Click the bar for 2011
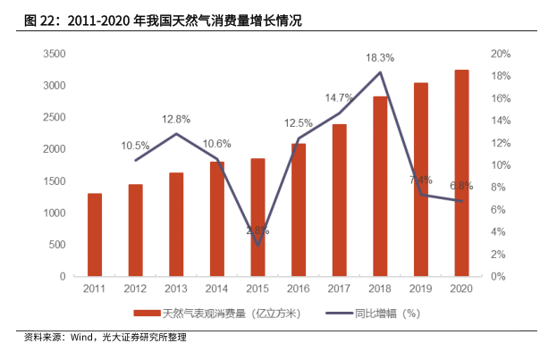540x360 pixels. pos(94,235)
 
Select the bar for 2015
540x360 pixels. pos(257,217)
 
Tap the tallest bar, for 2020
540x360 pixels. pos(461,173)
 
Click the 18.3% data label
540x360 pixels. pos(380,58)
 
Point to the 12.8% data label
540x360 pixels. pos(176,119)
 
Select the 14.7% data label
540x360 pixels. pos(339,97)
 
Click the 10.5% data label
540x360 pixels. pos(136,145)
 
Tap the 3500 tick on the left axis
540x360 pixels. pos(54,54)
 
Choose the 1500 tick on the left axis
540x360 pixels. pos(54,181)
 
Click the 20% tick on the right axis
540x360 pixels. pos(500,54)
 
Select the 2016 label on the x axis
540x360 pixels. pos(299,289)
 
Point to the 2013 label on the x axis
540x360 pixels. pos(176,289)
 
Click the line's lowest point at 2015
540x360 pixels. pos(257,245)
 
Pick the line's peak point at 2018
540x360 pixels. pos(380,72)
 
